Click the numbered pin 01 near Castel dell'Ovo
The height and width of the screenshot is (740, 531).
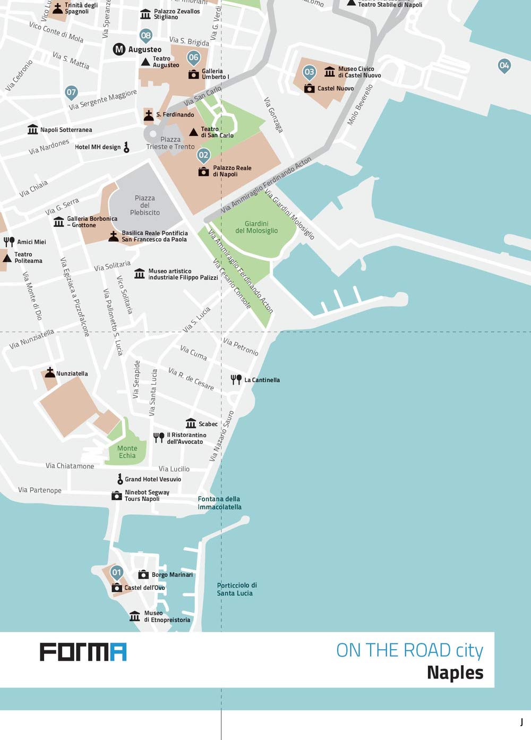(117, 573)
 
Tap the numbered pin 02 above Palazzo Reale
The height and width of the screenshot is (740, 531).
(203, 155)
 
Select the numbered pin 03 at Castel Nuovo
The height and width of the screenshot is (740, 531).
(309, 72)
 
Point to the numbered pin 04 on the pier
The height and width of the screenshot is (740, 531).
(504, 66)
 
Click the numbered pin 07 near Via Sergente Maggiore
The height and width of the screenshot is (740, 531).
(71, 92)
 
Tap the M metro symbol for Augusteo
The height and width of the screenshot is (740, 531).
(119, 49)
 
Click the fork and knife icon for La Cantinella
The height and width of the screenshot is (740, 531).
(236, 379)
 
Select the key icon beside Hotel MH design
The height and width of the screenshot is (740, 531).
(126, 147)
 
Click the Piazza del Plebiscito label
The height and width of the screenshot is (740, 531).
(144, 205)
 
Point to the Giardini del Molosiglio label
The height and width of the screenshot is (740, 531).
(256, 227)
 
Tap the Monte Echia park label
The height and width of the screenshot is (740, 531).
(127, 452)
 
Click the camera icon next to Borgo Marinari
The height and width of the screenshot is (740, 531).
(143, 574)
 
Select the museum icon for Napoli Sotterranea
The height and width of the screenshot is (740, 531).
(33, 130)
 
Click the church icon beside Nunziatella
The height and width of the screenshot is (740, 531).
(50, 372)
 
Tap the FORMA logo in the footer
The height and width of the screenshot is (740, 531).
(83, 652)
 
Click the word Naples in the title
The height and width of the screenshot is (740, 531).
(455, 673)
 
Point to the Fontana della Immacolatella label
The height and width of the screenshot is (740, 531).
(219, 503)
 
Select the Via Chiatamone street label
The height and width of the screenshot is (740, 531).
(70, 466)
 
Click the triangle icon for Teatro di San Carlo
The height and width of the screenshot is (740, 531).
(194, 132)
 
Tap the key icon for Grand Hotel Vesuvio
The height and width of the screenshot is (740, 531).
(120, 479)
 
